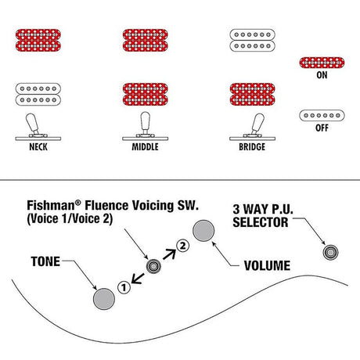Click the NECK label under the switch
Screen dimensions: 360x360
coord(38,147)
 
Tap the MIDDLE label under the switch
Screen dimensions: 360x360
coord(145,147)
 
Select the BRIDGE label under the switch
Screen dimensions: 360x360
coord(252,147)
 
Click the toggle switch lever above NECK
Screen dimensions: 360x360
coord(32,124)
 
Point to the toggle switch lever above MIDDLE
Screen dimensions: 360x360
coord(146,123)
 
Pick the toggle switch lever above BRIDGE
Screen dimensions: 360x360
coord(257,124)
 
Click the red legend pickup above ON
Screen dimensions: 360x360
coord(322,63)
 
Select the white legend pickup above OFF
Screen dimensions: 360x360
coord(322,115)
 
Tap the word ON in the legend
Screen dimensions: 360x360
coord(322,75)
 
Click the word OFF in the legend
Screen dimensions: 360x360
coord(322,128)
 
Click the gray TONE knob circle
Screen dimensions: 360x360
coord(104,299)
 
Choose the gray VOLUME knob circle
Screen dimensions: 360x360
coord(203,231)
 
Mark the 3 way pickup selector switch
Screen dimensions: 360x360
coord(330,252)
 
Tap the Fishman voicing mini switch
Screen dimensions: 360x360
coord(153,266)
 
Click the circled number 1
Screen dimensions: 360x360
coord(124,288)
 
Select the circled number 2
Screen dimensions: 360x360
coord(182,246)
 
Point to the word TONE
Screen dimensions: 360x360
coord(45,261)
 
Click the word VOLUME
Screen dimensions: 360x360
coord(267,265)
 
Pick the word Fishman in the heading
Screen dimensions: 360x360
coord(51,205)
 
